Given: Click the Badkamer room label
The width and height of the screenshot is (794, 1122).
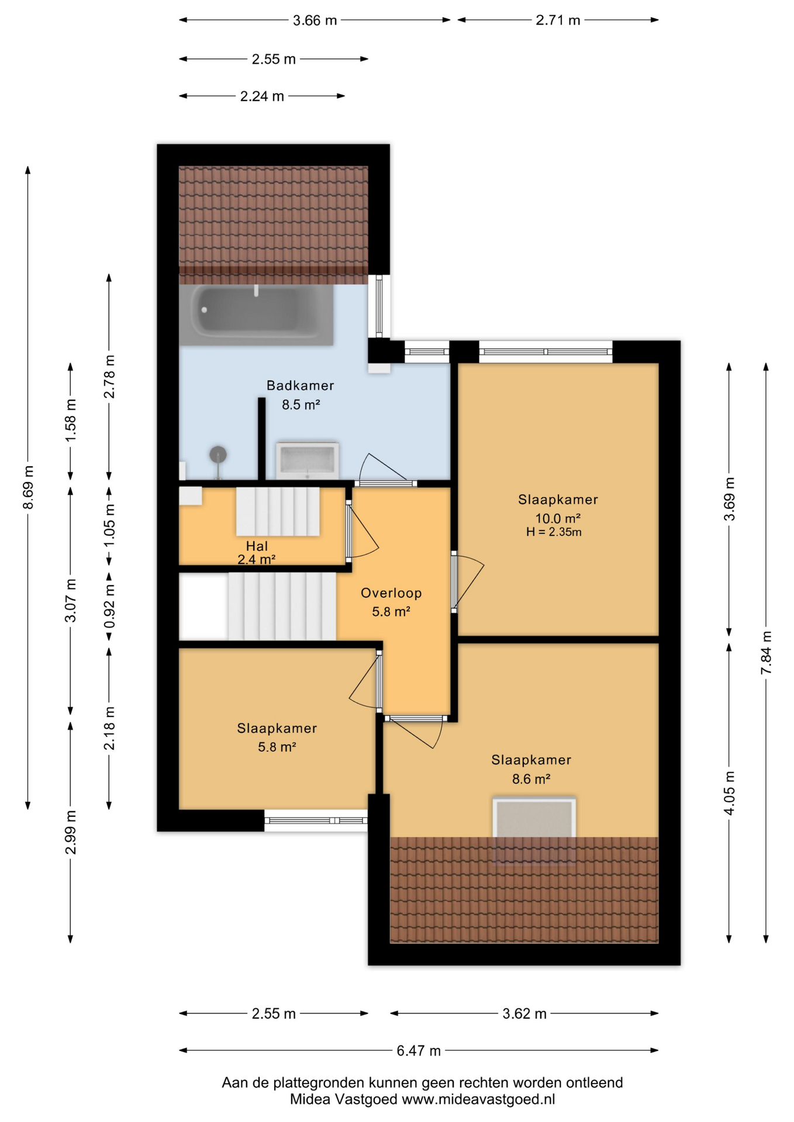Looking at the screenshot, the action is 300,386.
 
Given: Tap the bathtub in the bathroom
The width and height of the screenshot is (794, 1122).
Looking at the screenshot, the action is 256,314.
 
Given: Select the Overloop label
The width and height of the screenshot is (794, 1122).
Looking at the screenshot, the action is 391,593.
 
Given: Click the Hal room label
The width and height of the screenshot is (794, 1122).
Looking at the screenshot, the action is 257,546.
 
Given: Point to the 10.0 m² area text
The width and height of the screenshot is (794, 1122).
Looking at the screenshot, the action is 558,518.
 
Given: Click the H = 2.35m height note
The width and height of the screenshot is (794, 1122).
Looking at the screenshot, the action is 554,532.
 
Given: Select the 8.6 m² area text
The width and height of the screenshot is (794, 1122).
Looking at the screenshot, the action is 531,779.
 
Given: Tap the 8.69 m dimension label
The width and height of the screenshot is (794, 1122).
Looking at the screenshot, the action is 28,487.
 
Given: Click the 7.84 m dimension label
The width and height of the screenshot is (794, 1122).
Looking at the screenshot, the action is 766,653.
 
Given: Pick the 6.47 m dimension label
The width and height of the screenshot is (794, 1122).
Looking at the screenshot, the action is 419,1051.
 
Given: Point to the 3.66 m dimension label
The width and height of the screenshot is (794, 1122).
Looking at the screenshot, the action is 315,20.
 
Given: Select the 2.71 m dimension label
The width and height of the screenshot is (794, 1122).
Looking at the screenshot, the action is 558,20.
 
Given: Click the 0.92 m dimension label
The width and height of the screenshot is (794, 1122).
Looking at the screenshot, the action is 109,607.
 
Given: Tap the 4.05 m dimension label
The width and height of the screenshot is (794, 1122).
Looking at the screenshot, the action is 729,792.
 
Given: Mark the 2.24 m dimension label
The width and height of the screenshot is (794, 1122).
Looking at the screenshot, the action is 262,96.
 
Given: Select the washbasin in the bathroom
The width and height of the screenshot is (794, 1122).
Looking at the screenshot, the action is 308,460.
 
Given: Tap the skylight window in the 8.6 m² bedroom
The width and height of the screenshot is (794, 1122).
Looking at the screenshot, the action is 534,829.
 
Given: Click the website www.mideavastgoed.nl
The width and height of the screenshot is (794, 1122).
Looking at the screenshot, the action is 478,1099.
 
